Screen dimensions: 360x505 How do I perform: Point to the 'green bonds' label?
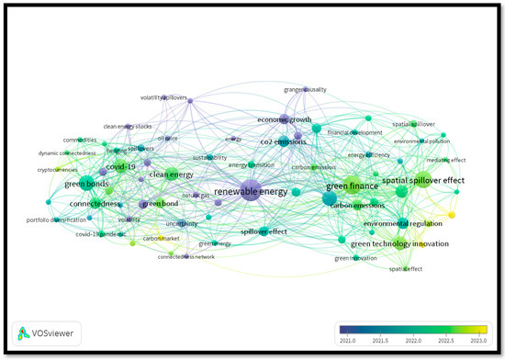point(87,184)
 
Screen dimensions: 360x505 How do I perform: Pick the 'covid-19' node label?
point(121,167)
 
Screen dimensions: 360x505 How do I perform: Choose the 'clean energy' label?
point(170,174)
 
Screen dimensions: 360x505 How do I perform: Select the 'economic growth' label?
point(285,119)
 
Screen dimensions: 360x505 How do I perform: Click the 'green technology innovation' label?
point(399,243)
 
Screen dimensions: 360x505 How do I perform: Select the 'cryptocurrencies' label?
point(58,169)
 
